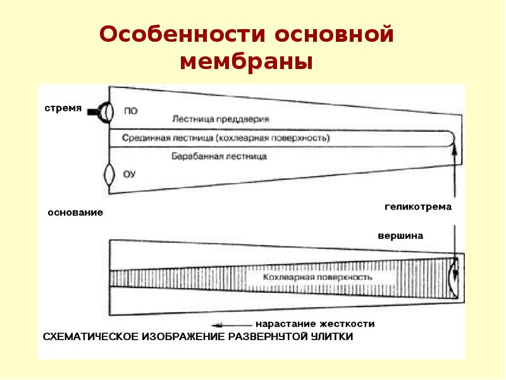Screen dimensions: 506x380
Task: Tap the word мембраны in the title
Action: point(246,61)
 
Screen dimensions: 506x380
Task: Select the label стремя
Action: point(63,108)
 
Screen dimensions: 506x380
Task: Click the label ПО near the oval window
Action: point(131,111)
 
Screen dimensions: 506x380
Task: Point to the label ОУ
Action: point(129,175)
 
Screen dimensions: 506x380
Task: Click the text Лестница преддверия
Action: point(221,119)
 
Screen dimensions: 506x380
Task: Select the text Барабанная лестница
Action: point(219,156)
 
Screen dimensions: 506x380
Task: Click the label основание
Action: point(75,213)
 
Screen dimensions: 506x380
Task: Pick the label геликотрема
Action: point(418,207)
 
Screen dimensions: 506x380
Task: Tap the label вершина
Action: point(400,236)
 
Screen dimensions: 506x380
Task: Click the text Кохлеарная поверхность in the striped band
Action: point(318,277)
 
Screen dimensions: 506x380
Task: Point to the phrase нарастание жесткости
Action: point(315,324)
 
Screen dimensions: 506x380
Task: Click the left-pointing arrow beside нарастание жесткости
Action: point(231,325)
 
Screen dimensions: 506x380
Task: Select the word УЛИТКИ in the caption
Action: point(332,337)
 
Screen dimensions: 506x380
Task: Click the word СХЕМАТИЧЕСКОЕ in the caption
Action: point(90,337)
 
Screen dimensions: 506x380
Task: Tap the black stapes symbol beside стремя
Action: point(101,112)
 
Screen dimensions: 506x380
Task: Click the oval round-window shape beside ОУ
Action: point(109,175)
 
